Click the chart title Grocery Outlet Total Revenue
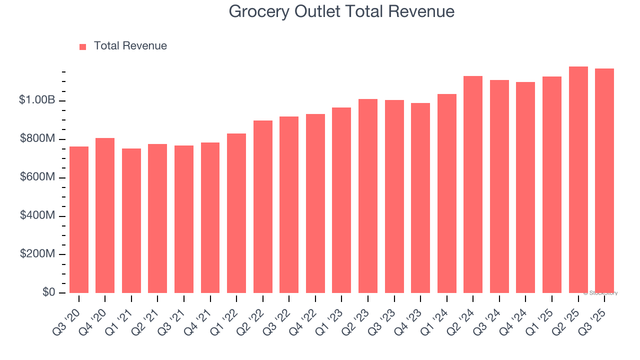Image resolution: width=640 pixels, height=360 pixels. point(341,11)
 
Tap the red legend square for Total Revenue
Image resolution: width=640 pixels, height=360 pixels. point(82,46)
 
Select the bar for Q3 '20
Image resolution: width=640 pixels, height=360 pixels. point(79,219)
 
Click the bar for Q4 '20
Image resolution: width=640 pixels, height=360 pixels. point(105,215)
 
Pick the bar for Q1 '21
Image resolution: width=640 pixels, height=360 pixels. point(131,220)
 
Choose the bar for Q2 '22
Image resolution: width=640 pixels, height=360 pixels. point(263,206)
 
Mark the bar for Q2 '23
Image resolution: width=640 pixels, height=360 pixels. point(368,196)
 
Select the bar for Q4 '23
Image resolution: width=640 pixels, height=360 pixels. point(420,198)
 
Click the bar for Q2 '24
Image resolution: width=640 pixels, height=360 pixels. point(473,184)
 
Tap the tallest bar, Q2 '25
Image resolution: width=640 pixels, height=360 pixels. point(578,179)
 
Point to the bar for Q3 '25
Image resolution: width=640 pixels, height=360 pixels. point(604,180)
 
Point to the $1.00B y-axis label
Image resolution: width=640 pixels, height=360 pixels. point(37,100)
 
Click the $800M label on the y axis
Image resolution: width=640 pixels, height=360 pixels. point(37,138)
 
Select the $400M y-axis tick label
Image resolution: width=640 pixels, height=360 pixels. point(37,215)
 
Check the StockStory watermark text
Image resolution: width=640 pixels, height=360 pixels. point(600,293)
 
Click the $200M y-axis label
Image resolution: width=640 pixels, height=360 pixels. point(37,254)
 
